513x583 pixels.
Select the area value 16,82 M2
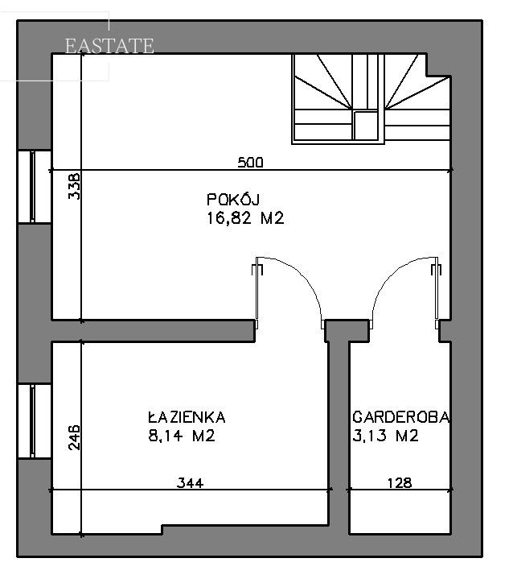[x=245, y=218]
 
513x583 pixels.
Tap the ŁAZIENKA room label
[x=187, y=417]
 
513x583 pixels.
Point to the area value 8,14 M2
[x=183, y=436]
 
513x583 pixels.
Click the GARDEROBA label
[x=401, y=417]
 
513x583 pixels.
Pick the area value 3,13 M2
[x=386, y=436]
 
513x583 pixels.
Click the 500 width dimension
[x=250, y=163]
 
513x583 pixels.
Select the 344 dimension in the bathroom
[x=191, y=483]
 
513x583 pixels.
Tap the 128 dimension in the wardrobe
[x=399, y=483]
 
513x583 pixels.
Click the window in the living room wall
[x=33, y=187]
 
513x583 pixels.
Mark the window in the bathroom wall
[x=33, y=421]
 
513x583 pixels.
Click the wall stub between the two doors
[x=347, y=328]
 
